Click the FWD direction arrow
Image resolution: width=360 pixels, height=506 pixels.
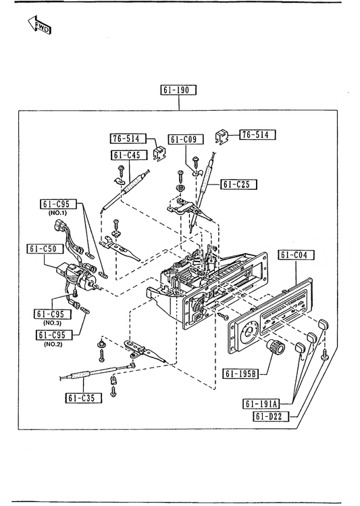[x=39, y=25]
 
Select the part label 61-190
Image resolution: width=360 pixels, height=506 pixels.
[x=178, y=90]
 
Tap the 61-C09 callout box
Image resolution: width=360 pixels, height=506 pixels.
[x=186, y=139]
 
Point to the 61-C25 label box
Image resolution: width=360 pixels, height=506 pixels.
[x=239, y=184]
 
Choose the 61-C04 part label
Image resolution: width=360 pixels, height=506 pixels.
[x=296, y=255]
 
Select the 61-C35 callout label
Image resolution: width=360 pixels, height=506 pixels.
[x=84, y=398]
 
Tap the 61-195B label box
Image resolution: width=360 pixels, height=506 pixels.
[x=240, y=374]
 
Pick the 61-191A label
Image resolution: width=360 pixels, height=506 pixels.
[x=261, y=404]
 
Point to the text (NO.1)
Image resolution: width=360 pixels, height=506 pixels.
[x=57, y=213]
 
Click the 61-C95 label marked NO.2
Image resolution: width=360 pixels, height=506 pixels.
[x=55, y=335]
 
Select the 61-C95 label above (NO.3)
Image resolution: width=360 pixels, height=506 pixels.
[x=52, y=314]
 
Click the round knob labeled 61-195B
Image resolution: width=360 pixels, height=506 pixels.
[x=276, y=347]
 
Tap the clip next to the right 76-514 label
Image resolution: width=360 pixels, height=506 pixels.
[x=222, y=137]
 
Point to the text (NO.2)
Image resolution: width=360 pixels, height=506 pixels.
[x=53, y=344]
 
